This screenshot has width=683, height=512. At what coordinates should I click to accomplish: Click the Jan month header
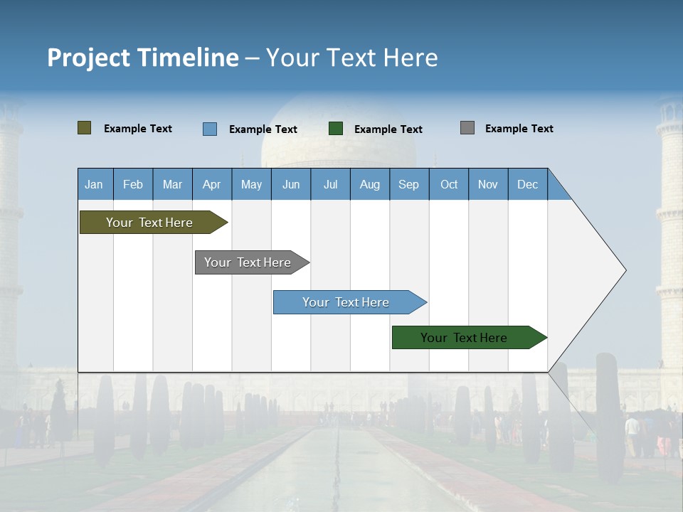pos(95,184)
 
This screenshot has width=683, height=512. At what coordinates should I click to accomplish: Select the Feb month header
pos(133,184)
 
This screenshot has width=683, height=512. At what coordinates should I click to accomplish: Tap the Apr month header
pos(211,184)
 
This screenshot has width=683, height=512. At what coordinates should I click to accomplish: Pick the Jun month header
pos(291,184)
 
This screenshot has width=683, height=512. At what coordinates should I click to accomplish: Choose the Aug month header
pos(369,184)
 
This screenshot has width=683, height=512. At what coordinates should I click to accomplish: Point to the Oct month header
pos(449,184)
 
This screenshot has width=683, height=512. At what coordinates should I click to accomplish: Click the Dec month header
pos(527,184)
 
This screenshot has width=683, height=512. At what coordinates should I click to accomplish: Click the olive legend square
pos(84,128)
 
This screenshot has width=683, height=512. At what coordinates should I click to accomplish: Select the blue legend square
pos(209,129)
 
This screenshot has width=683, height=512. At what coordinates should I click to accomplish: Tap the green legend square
pos(336,129)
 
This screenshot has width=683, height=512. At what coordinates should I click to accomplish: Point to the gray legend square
pos(467,128)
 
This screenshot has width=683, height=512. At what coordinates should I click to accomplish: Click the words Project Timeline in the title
pos(142,58)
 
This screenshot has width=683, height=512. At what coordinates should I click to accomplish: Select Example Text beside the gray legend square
pos(519,129)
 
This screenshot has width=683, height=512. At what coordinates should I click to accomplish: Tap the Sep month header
pos(408,184)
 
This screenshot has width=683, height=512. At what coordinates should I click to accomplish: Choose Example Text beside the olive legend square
pos(138,129)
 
